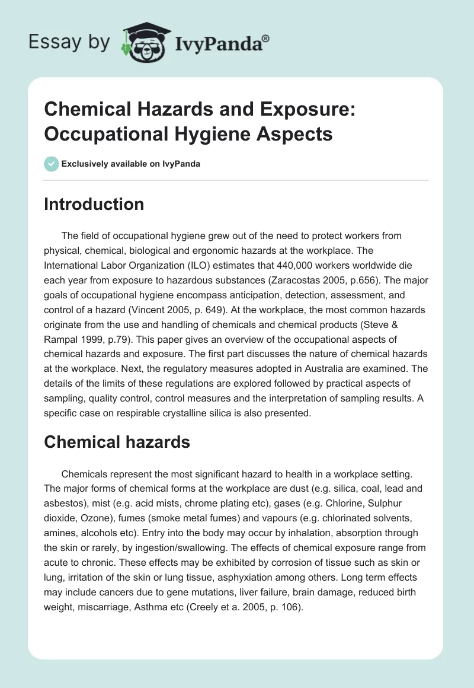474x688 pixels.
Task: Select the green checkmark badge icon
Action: pyautogui.click(x=52, y=164)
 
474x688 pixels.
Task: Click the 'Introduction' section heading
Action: pyautogui.click(x=94, y=204)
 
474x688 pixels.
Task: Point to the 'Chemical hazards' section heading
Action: pyautogui.click(x=117, y=441)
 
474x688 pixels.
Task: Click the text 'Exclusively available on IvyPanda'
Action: pyautogui.click(x=132, y=164)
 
